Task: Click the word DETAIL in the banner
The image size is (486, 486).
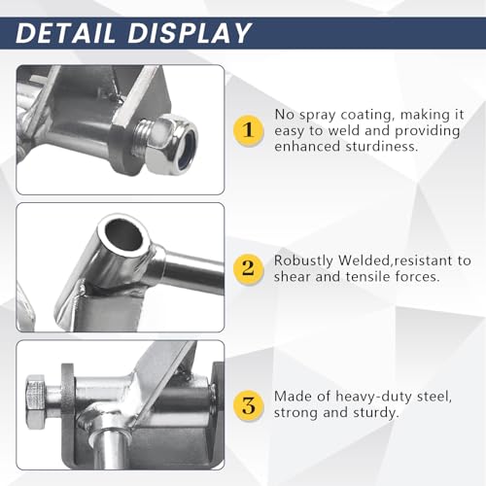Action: [65, 33]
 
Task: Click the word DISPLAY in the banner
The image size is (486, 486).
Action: [190, 33]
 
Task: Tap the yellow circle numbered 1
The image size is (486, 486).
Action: [249, 130]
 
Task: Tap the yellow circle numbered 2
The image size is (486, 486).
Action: [249, 268]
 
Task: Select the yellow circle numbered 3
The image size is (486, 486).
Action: [249, 405]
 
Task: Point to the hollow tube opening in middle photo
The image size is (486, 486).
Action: [124, 235]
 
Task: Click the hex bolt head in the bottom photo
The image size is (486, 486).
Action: [36, 401]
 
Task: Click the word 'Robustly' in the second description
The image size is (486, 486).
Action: [303, 261]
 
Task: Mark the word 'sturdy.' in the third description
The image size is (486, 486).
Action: [376, 413]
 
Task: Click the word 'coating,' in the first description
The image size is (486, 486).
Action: [368, 116]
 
